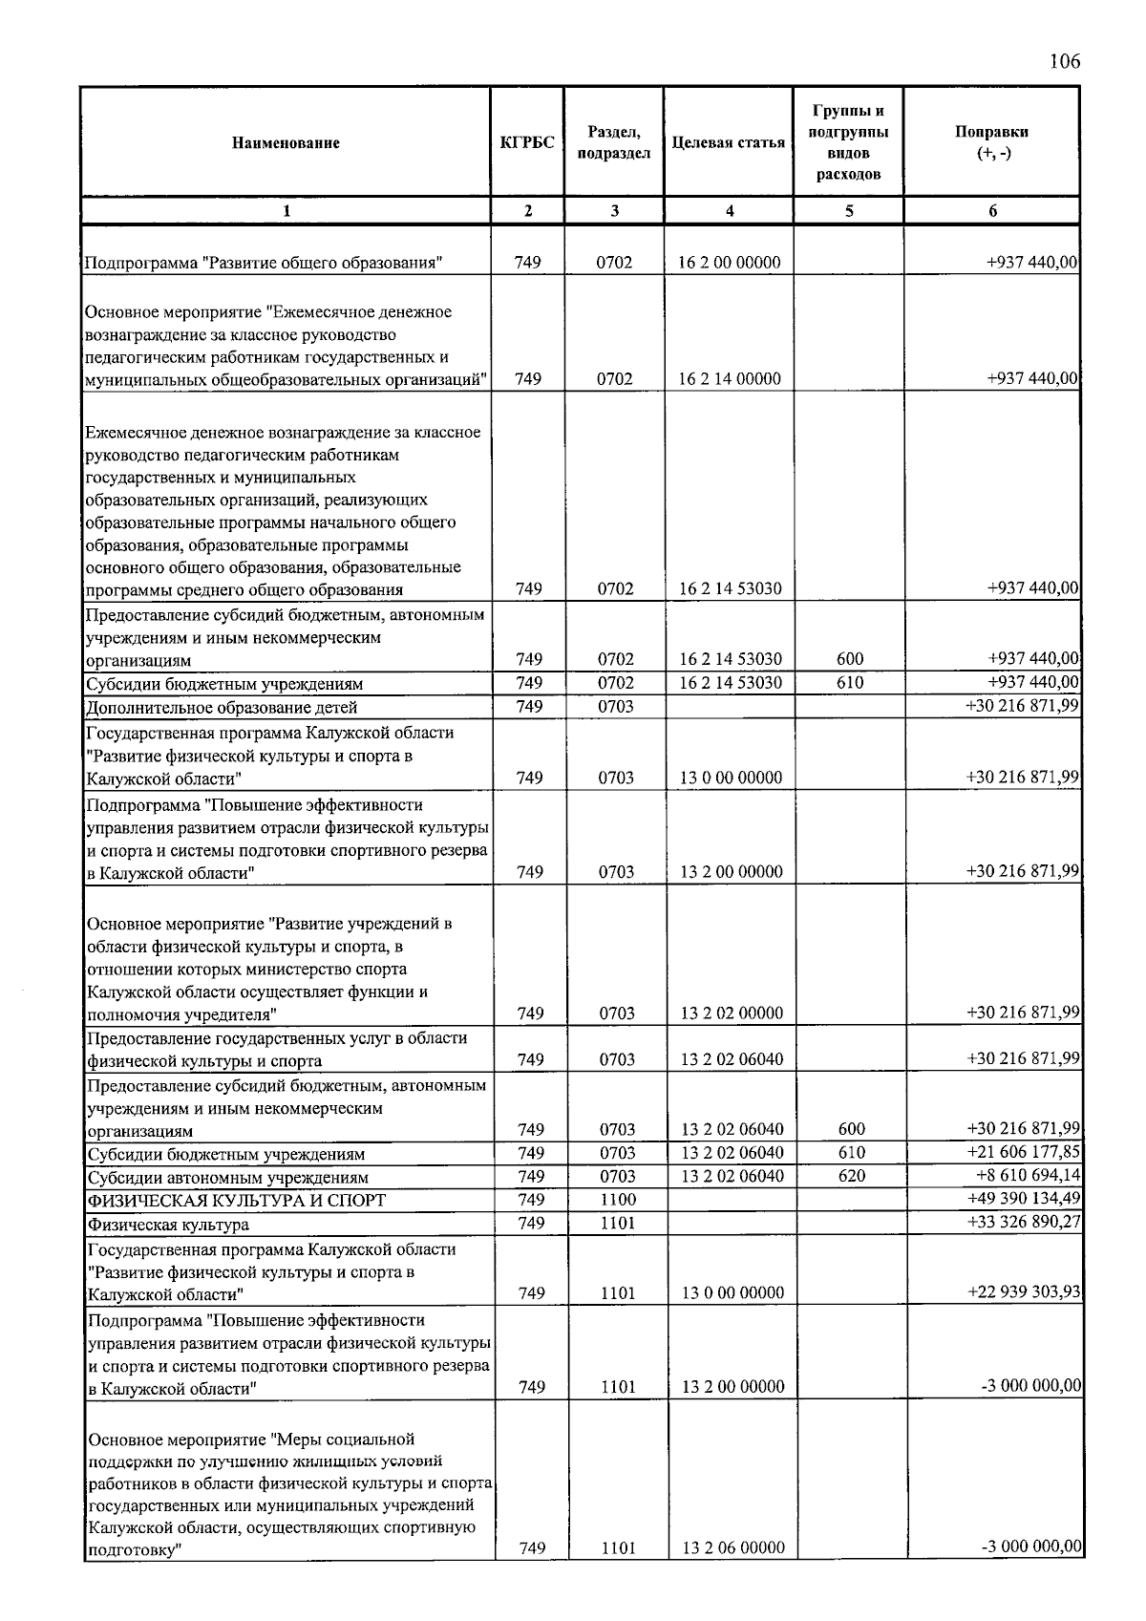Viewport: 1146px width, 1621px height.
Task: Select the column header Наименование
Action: (286, 143)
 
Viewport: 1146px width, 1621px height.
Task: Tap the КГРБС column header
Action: (527, 143)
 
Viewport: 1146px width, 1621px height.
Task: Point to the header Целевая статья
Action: (729, 143)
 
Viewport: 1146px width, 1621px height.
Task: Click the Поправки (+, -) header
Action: (992, 143)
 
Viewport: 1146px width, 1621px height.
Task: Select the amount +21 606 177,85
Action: (1024, 1152)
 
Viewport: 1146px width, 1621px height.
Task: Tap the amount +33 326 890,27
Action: (1024, 1223)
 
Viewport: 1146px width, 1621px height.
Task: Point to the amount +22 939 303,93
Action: (1024, 1292)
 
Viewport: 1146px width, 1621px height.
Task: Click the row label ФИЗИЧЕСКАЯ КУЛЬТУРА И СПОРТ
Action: (237, 1201)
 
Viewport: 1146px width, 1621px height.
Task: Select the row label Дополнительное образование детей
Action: (223, 708)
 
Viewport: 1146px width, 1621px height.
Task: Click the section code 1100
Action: (618, 1200)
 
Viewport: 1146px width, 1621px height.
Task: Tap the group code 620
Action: (852, 1176)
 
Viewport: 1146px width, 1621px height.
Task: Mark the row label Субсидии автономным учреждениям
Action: (228, 1178)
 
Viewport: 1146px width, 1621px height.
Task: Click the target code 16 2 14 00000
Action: (730, 379)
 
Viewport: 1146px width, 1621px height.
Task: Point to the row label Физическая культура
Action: (168, 1225)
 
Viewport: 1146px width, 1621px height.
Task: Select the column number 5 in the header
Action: (849, 211)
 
